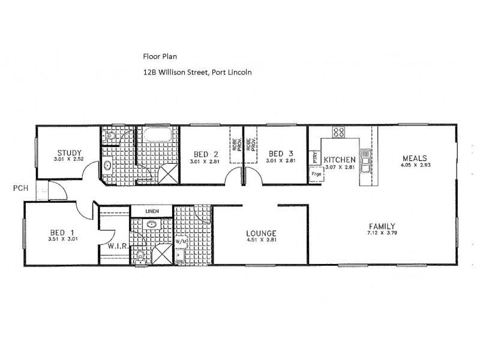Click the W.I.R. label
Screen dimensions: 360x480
click(115, 245)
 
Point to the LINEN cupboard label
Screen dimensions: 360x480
click(151, 211)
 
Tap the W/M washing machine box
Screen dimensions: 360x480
click(181, 242)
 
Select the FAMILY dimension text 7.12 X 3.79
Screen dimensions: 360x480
click(382, 235)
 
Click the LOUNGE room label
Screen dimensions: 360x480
click(261, 233)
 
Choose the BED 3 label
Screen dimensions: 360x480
click(280, 153)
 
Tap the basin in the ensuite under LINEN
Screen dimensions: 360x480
click(151, 226)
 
